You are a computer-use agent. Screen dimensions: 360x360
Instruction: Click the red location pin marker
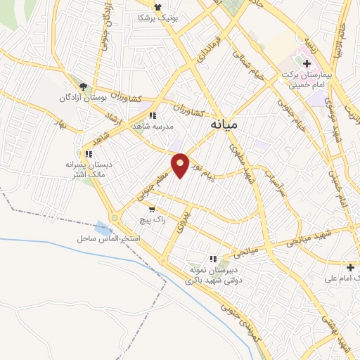(x=181, y=165)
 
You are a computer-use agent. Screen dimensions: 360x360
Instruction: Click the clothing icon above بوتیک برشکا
(x=167, y=5)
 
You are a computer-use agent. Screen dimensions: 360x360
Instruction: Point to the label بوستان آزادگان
(x=83, y=98)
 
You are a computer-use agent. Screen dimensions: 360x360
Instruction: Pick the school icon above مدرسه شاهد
(x=152, y=116)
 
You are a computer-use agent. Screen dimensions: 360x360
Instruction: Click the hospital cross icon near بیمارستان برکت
(x=307, y=63)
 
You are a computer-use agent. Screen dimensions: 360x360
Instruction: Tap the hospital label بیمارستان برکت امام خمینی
(x=315, y=78)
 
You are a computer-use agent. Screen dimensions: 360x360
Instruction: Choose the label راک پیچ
(x=153, y=220)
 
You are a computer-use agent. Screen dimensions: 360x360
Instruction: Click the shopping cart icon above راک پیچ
(x=151, y=210)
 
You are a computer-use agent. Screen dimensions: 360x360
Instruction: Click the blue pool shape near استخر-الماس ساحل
(x=103, y=227)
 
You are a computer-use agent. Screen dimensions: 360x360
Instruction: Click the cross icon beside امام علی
(x=351, y=267)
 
